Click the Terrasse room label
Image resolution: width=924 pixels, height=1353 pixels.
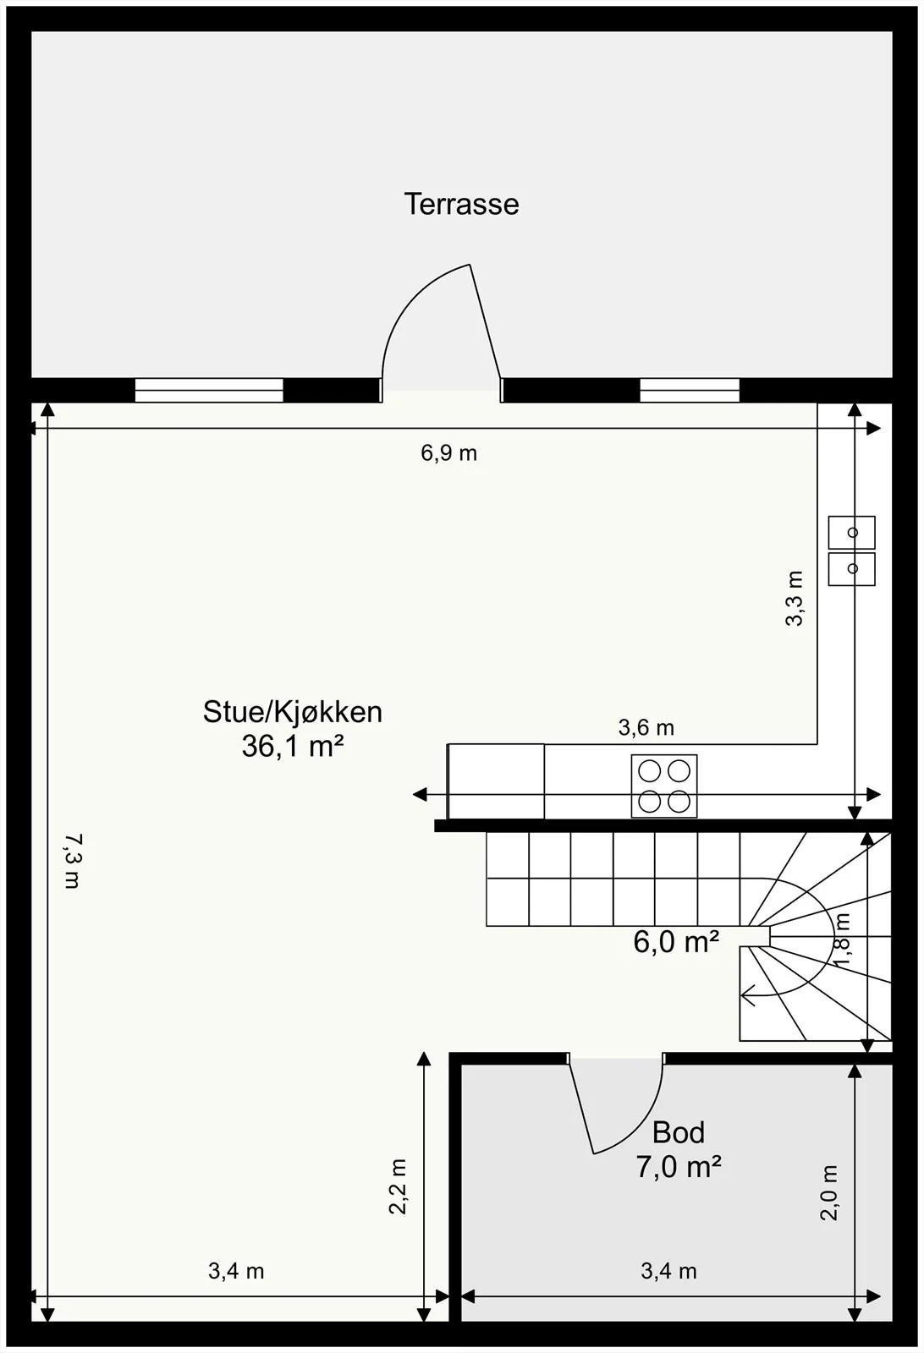tap(461, 204)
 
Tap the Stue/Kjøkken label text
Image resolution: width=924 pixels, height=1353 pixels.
tap(293, 713)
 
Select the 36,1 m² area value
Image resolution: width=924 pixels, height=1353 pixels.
tap(293, 747)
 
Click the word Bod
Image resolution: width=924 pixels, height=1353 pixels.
tap(678, 1133)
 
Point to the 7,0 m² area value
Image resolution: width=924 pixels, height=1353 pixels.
tap(678, 1167)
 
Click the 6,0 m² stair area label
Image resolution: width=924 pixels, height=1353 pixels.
tap(675, 942)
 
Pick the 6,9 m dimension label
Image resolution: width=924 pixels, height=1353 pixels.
tap(449, 453)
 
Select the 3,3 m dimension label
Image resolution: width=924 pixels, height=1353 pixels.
tap(794, 598)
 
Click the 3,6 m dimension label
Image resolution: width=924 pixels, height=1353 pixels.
tap(646, 728)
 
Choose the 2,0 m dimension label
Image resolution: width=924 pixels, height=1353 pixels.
tap(829, 1193)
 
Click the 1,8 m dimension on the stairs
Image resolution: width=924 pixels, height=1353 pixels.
tap(842, 939)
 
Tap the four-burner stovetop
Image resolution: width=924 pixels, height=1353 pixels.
tap(664, 786)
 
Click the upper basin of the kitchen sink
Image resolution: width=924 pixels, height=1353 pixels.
tap(851, 532)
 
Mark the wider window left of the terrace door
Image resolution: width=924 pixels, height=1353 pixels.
tap(209, 390)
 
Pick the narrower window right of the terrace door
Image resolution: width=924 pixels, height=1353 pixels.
tap(690, 390)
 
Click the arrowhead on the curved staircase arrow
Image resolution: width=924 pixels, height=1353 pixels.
tap(750, 994)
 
